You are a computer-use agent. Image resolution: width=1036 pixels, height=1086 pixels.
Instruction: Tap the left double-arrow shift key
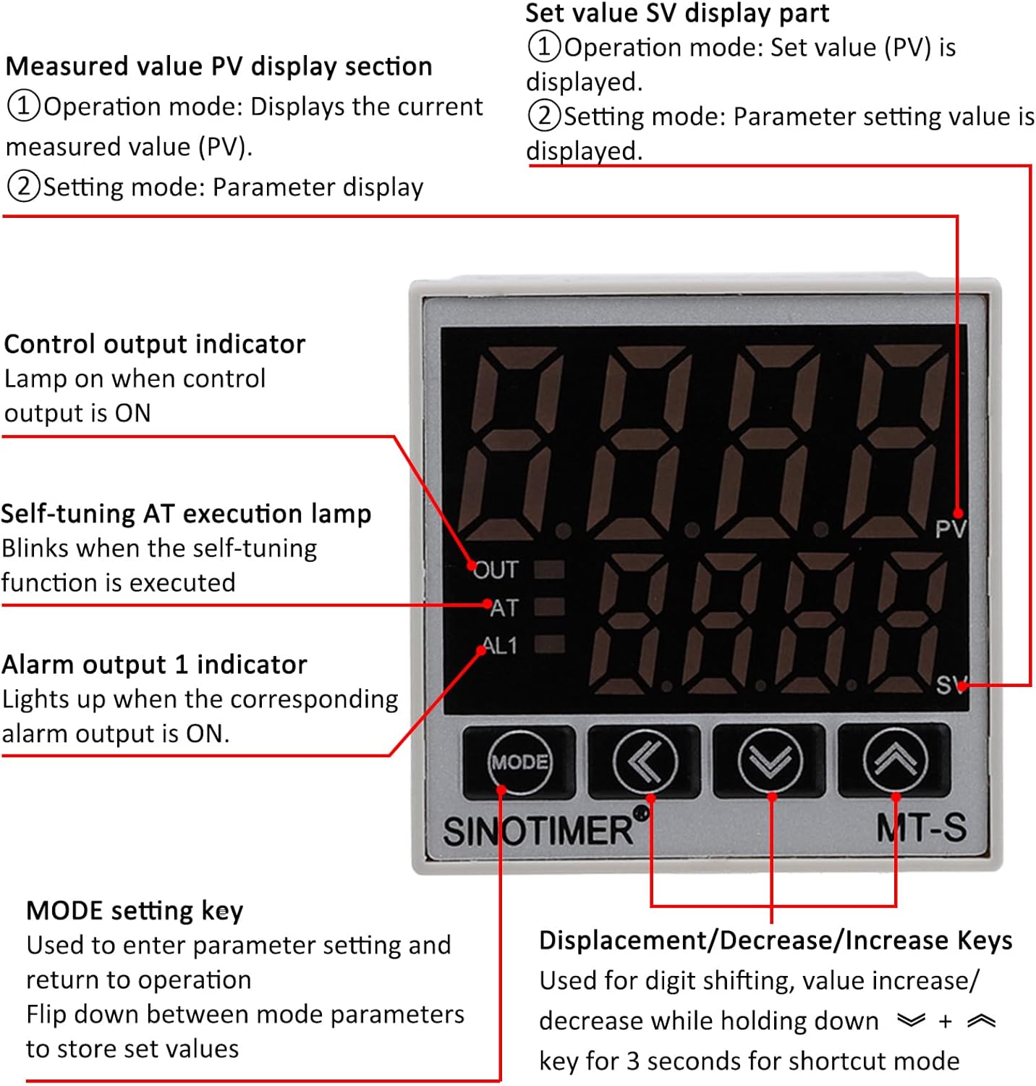[645, 761]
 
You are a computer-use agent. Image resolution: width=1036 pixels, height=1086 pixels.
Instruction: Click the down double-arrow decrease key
[770, 761]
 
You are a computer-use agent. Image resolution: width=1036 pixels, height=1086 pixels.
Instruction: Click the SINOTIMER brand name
[538, 830]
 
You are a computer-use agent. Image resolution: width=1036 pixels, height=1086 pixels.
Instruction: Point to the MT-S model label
[921, 828]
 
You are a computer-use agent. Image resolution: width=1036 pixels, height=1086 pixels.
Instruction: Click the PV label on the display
[949, 529]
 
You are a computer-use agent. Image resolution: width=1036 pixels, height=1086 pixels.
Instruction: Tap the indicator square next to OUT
[549, 570]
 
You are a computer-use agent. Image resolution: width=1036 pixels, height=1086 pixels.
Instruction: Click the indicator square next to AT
[549, 607]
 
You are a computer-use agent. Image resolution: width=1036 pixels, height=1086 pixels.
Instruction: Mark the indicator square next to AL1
[549, 644]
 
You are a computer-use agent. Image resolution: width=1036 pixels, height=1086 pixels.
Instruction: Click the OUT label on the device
[497, 571]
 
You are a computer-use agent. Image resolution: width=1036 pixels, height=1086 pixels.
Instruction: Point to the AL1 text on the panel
[500, 645]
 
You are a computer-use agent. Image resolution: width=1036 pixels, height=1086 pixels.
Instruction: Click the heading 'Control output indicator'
[155, 344]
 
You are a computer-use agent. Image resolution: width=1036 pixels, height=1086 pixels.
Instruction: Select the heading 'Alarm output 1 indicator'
[155, 665]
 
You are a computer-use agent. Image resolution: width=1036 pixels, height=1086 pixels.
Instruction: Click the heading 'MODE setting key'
[135, 911]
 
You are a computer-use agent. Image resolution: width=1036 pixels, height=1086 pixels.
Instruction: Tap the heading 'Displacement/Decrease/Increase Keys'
[776, 940]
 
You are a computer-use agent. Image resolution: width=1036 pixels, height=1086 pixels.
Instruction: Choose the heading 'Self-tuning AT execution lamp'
[186, 513]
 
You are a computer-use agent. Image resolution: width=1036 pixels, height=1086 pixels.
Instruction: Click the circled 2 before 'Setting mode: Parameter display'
[23, 187]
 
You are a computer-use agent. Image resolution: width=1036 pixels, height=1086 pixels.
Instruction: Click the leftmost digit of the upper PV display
[511, 442]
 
